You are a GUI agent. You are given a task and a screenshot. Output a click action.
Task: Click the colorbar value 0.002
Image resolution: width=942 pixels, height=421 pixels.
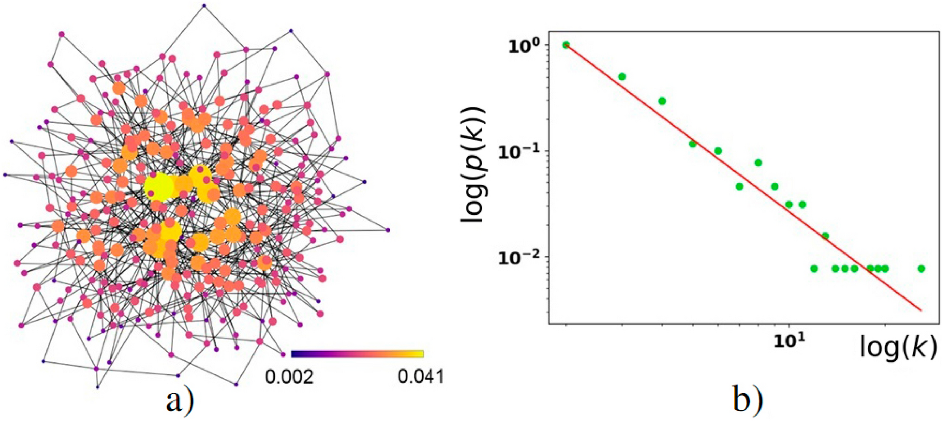[x=289, y=377]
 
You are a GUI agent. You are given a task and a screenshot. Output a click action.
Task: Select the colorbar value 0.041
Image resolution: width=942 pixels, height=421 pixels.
[x=420, y=377]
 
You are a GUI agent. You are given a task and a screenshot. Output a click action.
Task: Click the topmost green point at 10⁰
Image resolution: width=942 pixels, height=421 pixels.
[x=566, y=45]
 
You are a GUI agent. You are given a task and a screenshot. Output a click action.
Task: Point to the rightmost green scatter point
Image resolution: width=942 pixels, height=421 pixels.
[x=921, y=269]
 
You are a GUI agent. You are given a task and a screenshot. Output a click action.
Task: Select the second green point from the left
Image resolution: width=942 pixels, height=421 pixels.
[x=621, y=77]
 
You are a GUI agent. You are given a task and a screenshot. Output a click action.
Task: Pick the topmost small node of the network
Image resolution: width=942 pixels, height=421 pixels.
[x=204, y=6]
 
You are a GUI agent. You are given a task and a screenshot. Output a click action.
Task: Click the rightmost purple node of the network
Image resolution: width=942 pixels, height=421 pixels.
[x=388, y=230]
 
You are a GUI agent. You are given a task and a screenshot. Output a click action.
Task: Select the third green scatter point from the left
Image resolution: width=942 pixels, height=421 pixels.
[x=662, y=101]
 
